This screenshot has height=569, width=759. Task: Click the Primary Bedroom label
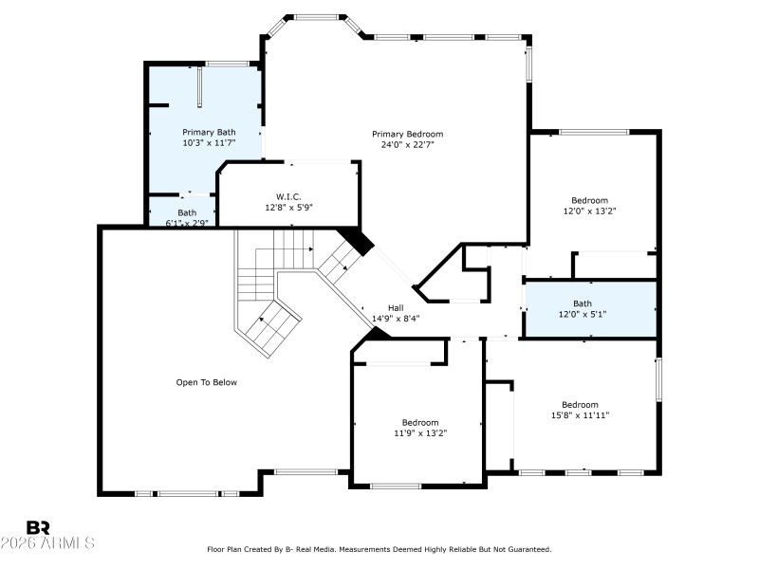pos(407,134)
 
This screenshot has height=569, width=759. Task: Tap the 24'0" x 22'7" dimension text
pos(407,145)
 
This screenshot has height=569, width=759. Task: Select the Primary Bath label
pos(209,132)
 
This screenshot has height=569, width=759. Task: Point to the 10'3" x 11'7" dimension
pos(209,143)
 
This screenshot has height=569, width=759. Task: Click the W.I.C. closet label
pos(288,196)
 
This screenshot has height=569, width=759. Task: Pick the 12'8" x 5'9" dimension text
pos(288,207)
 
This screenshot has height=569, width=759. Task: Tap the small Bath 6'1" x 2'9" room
pos(182,217)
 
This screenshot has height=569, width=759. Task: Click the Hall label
pos(396,307)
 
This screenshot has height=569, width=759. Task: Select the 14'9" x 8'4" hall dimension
pos(396,319)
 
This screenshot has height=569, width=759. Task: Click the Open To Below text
pos(206,382)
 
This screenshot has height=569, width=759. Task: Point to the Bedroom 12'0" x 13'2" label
pos(589,200)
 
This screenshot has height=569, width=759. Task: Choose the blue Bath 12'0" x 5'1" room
pos(590,309)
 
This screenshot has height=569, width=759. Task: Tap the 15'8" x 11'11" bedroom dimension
pos(580,415)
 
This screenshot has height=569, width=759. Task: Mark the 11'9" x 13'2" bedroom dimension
pos(419,433)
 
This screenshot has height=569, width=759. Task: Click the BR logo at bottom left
pos(38,527)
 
